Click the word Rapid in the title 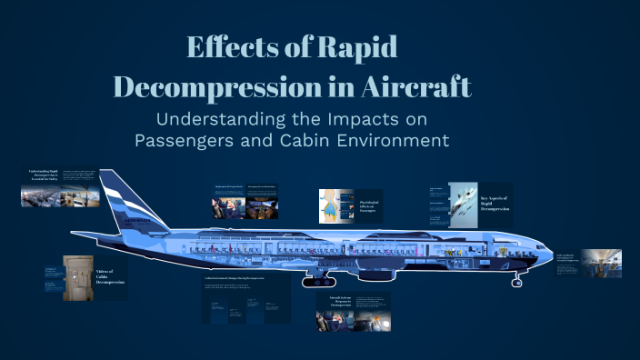[x=356, y=48]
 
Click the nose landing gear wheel [x=516, y=273]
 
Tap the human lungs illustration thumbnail [x=335, y=207]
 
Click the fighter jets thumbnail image [x=462, y=202]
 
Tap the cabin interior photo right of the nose [x=602, y=264]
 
